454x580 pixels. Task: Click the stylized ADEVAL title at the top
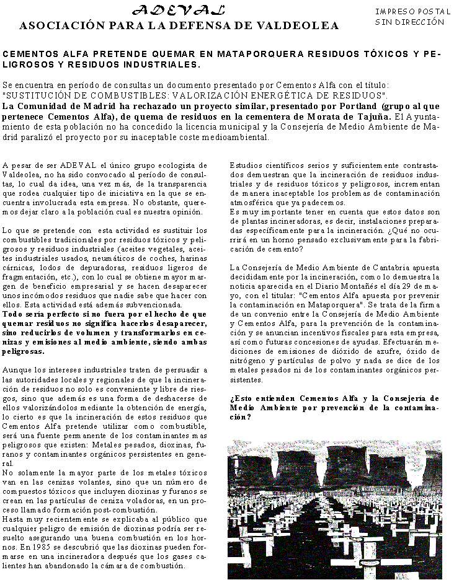click(179, 11)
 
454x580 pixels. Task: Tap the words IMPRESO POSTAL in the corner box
click(404, 12)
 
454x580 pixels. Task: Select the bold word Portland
click(357, 106)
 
